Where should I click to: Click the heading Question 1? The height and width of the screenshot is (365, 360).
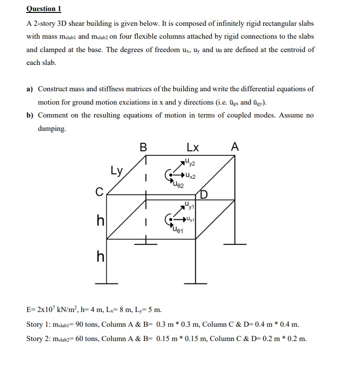(44, 9)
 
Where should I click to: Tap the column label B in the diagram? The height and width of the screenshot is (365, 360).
(144, 147)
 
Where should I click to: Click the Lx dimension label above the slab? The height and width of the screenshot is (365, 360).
(193, 147)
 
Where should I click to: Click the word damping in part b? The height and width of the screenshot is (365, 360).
(52, 129)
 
